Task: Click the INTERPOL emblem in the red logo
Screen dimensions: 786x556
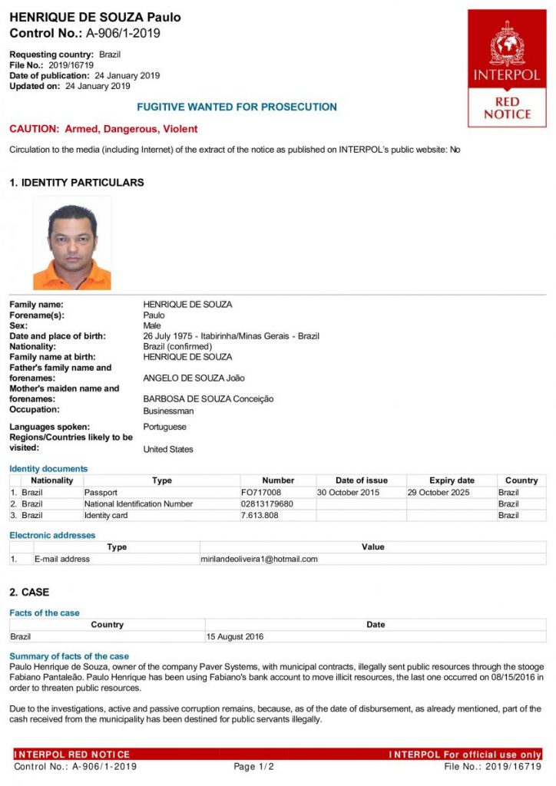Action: (507, 44)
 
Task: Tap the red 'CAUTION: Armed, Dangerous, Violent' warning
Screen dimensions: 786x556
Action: (103, 129)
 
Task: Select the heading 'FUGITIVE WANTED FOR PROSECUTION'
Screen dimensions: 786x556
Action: (237, 107)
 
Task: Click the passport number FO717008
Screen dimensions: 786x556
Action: (261, 492)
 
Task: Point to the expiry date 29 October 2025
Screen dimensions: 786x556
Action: (436, 492)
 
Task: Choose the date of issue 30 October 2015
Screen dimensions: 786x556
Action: (348, 492)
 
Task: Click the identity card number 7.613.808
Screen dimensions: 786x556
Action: (260, 515)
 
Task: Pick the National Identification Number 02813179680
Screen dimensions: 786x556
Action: (266, 504)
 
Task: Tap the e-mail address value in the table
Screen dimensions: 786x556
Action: (260, 559)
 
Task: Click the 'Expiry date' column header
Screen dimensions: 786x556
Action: (452, 481)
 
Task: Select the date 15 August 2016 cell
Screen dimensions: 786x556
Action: (235, 636)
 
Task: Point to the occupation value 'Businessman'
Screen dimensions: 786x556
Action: (168, 411)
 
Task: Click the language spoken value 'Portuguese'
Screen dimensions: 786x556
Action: (164, 427)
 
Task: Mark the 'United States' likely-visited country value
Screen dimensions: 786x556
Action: (168, 449)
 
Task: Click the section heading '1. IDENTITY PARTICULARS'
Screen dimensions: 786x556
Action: (77, 183)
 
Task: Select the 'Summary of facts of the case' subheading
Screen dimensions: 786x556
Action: (69, 656)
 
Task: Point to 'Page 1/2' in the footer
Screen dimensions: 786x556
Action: (253, 766)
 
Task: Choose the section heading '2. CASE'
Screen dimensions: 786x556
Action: (29, 593)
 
